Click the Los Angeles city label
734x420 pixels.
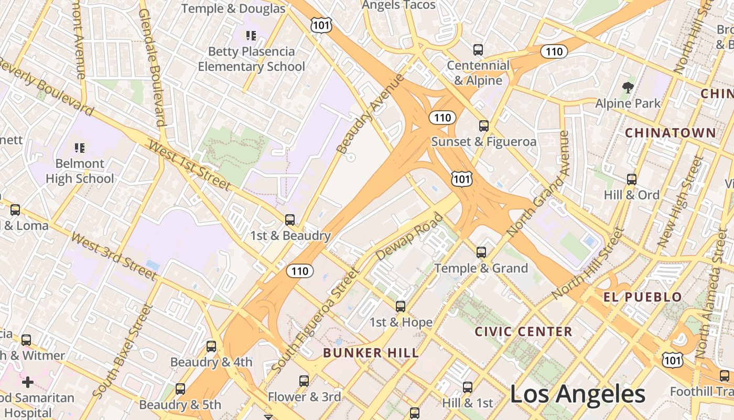click(x=577, y=394)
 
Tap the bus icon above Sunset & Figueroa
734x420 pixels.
click(x=483, y=126)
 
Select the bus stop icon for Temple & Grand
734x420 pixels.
click(x=481, y=253)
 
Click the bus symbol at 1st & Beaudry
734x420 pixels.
click(x=289, y=220)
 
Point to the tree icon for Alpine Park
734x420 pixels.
click(x=627, y=87)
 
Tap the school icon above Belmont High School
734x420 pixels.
click(x=80, y=148)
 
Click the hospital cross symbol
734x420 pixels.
click(x=28, y=382)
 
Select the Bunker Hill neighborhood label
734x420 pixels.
click(x=371, y=353)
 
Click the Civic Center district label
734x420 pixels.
click(x=523, y=332)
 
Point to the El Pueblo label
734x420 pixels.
click(x=642, y=297)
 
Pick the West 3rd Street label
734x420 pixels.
click(x=114, y=256)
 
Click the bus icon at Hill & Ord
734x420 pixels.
click(x=632, y=180)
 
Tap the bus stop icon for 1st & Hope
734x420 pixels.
click(x=401, y=307)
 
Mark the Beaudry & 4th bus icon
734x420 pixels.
click(x=211, y=346)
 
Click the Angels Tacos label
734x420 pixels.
click(x=398, y=5)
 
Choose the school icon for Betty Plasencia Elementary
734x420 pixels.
click(x=251, y=36)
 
